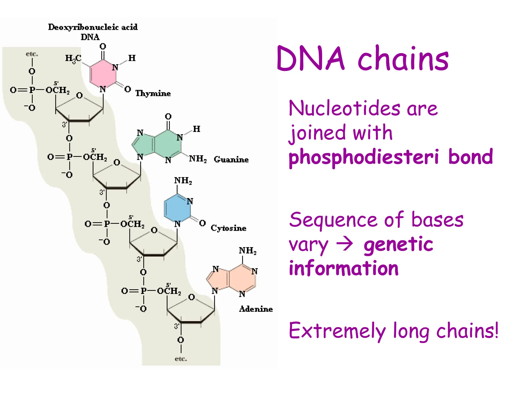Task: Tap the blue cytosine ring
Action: point(177,208)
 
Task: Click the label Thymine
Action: point(153,93)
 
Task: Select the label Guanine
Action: point(231,159)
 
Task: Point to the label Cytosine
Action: point(228,228)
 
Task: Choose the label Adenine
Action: point(256,309)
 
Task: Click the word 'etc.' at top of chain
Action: point(32,54)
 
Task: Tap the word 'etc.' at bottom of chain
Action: point(181,359)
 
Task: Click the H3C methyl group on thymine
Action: point(73,59)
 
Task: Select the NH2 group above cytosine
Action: point(183,181)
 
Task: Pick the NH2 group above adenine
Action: point(248,250)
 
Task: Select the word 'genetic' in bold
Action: point(398,244)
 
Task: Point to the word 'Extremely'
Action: point(337,331)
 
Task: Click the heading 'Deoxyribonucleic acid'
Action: point(93,27)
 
